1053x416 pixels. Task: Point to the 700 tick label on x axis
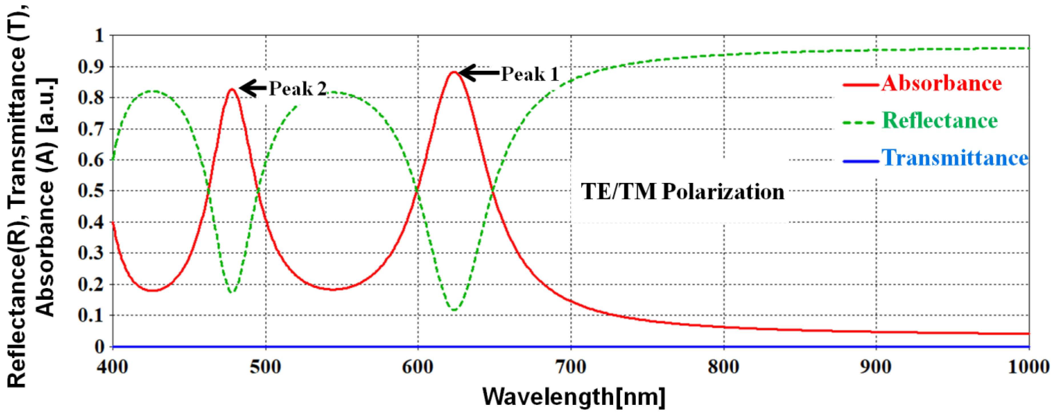point(571,367)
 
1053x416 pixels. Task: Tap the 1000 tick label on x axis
point(1028,367)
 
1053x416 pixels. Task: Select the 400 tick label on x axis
point(112,367)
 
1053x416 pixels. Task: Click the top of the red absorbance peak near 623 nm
point(453,72)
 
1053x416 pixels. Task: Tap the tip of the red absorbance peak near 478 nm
point(232,89)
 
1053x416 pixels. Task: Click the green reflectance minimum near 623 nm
point(454,310)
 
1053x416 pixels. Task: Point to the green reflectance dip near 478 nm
point(232,292)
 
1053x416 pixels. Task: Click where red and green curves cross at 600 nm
point(417,191)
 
